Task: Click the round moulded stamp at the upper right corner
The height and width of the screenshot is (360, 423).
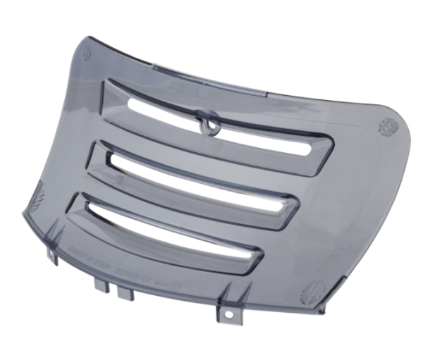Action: [388, 127]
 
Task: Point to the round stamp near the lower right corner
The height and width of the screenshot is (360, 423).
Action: [313, 292]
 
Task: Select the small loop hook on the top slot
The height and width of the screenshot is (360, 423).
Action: [207, 124]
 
